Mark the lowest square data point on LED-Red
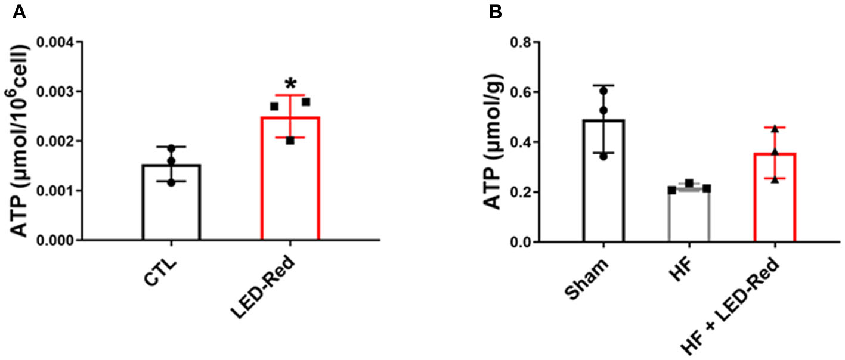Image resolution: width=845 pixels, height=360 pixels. point(290,141)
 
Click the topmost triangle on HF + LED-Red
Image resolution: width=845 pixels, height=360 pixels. point(775,128)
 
